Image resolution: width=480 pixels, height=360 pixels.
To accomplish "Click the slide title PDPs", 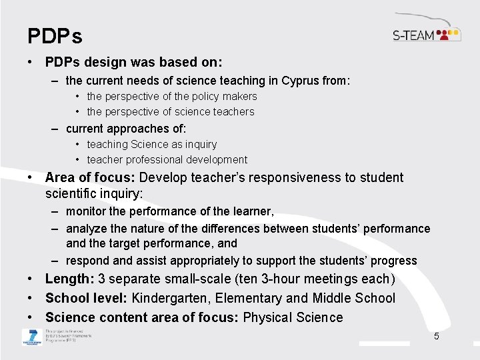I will click(x=55, y=35).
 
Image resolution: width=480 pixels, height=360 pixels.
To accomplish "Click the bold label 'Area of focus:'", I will click(x=90, y=177).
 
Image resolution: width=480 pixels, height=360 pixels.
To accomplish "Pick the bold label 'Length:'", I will click(x=69, y=279).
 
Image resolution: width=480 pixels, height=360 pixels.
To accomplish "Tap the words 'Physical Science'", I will click(x=293, y=317).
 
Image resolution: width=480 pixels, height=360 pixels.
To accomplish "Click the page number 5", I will click(x=436, y=336).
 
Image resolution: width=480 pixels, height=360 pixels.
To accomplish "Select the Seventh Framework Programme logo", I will click(x=31, y=337).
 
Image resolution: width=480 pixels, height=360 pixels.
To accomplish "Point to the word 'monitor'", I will click(x=86, y=211).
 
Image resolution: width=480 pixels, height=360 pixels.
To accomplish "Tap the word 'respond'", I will click(x=86, y=261).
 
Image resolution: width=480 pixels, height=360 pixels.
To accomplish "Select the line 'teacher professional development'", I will click(x=167, y=160).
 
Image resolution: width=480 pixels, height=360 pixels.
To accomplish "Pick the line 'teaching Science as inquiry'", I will click(x=151, y=144).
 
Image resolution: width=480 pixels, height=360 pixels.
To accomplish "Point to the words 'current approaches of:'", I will click(x=126, y=129).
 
